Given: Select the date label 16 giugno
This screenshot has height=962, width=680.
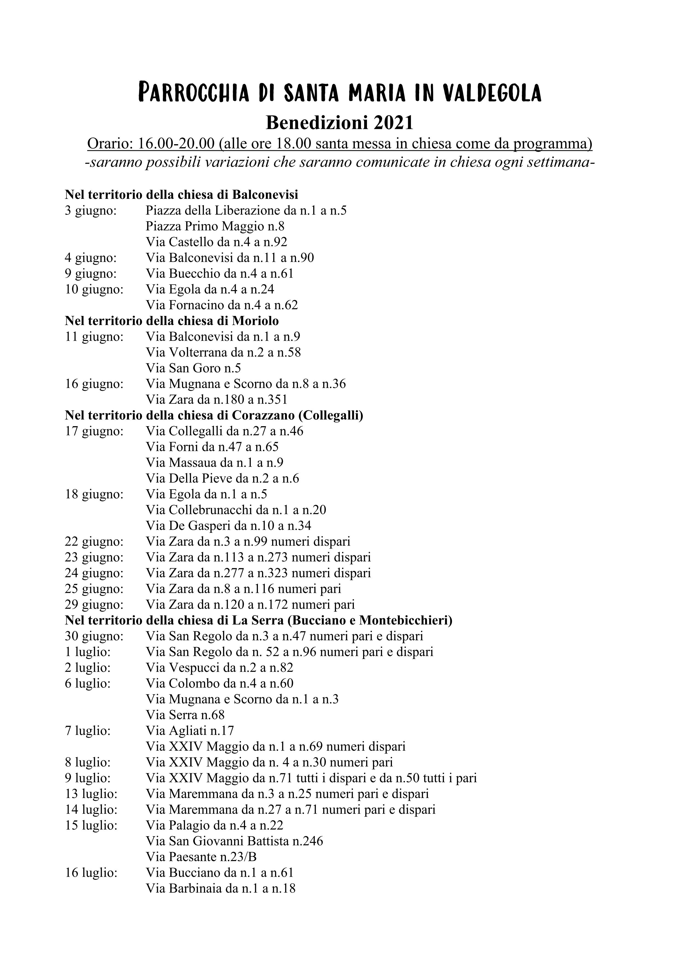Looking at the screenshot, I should click(x=94, y=384).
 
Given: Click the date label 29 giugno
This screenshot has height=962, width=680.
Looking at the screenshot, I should click(x=94, y=605).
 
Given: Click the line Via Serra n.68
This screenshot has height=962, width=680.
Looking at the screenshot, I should click(x=185, y=715).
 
